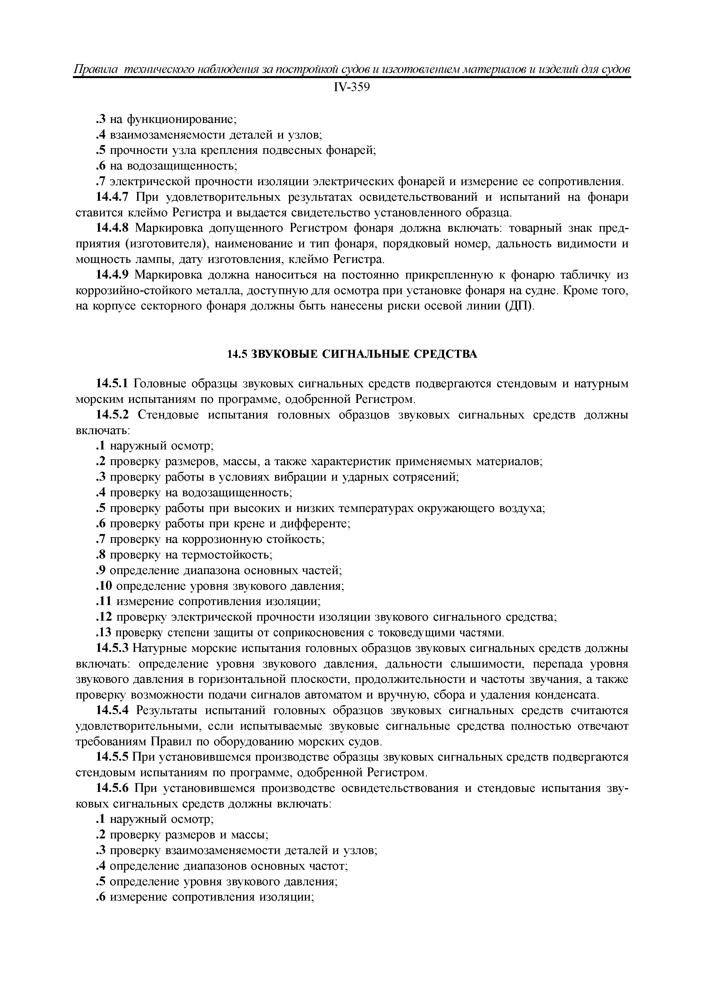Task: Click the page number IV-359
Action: click(352, 88)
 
